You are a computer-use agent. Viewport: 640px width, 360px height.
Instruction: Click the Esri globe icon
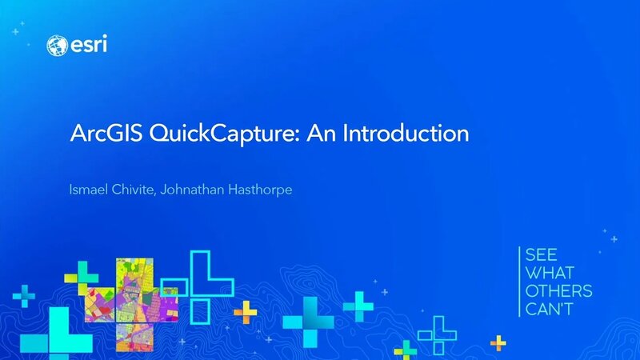coord(58,45)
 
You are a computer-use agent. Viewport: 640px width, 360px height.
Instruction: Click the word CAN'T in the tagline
coord(550,310)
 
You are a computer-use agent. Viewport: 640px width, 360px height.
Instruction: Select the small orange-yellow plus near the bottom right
coord(499,342)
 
